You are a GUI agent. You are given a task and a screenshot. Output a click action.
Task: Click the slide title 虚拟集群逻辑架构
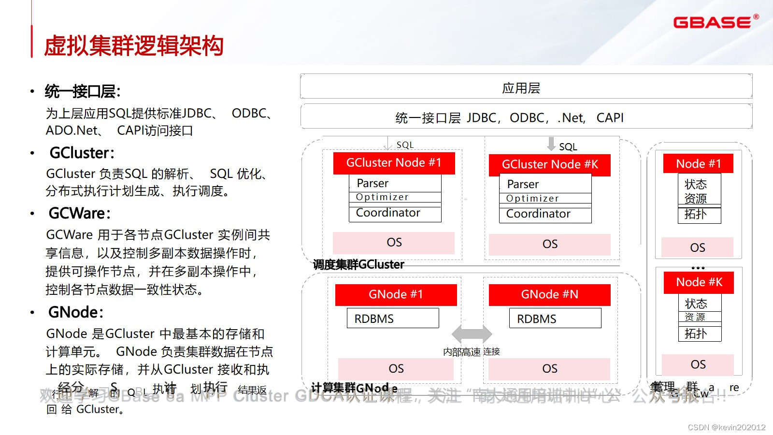(134, 46)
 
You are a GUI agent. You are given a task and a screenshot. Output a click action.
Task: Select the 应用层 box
(526, 87)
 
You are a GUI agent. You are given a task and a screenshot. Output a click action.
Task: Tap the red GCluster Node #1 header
(394, 163)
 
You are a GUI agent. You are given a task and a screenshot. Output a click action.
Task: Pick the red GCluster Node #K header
(549, 165)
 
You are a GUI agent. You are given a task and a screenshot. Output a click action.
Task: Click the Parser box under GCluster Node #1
(395, 183)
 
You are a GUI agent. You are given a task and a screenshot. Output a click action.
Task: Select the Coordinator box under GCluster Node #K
(545, 214)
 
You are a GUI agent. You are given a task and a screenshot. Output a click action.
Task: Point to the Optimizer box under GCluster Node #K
(545, 198)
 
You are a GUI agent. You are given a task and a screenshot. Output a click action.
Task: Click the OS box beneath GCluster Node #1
(394, 243)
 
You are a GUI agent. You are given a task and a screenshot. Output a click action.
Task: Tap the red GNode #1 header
(396, 294)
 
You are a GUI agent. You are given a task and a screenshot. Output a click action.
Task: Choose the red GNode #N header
(549, 294)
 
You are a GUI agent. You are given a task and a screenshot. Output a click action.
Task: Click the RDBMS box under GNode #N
(555, 319)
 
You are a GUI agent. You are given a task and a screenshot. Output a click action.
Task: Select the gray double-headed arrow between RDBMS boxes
(472, 333)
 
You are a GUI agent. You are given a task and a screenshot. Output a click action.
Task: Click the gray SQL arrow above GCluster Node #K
(551, 144)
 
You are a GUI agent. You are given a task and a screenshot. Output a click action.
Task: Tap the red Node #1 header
(698, 164)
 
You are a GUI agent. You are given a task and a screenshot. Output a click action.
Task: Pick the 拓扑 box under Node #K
(700, 333)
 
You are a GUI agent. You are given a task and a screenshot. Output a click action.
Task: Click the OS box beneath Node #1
(697, 247)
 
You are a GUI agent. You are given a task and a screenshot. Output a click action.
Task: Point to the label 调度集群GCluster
(358, 264)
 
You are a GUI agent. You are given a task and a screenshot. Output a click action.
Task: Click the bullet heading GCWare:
(80, 213)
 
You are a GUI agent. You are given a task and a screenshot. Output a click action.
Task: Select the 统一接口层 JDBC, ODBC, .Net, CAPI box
(526, 117)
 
